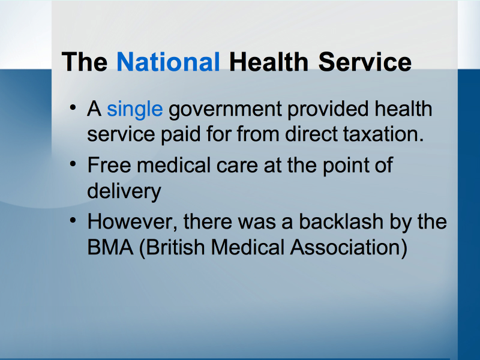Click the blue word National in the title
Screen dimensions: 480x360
point(168,62)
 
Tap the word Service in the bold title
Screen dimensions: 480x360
point(365,62)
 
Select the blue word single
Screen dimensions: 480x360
point(134,109)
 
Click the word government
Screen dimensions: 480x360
point(226,110)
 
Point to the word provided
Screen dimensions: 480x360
point(328,109)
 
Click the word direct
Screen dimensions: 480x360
point(311,134)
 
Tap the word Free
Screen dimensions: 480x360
point(109,166)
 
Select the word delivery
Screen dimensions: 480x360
point(124,191)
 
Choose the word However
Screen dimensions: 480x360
point(133,221)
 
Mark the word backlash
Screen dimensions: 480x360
point(341,221)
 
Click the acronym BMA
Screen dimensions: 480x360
point(110,247)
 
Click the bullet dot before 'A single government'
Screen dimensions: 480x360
point(73,108)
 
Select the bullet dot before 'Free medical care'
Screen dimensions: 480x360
point(73,164)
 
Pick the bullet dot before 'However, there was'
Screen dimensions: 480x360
point(73,220)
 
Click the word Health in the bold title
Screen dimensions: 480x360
point(269,62)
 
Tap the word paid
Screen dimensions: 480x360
point(181,135)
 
